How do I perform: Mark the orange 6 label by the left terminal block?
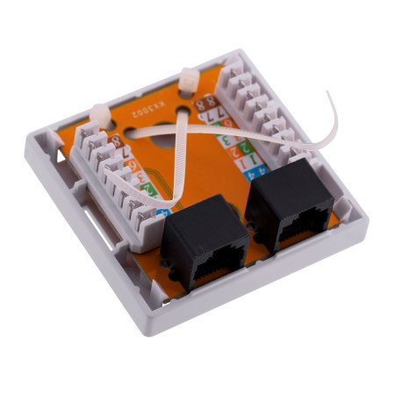tap(132, 164)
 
